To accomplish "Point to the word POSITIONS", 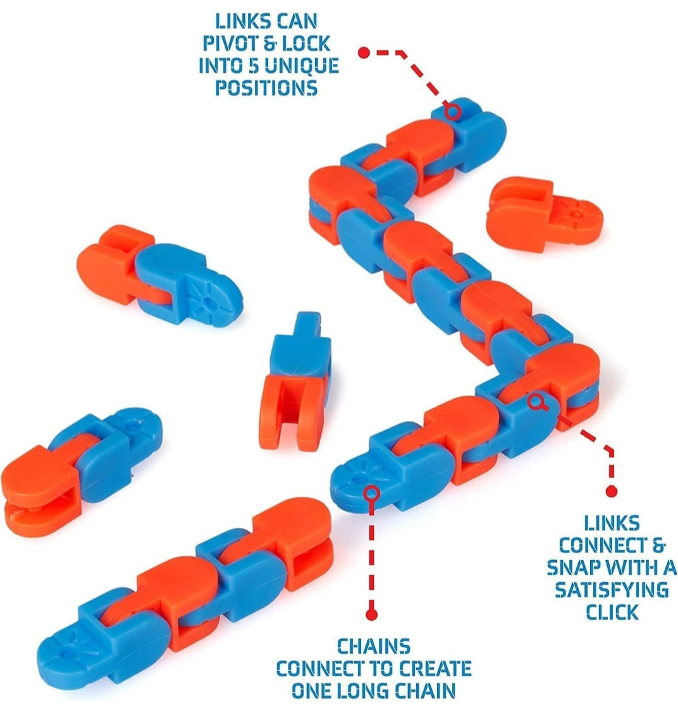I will tap(266, 88).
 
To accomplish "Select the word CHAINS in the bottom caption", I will tap(374, 646).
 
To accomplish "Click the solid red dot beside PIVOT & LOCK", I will tap(363, 53).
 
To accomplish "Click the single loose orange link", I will tap(544, 213).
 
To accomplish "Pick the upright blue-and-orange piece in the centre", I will tap(294, 379).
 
